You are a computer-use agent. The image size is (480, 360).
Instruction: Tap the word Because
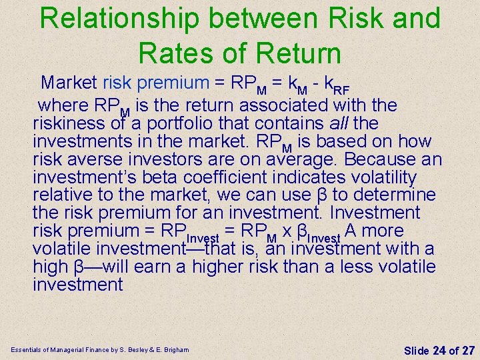point(375,160)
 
